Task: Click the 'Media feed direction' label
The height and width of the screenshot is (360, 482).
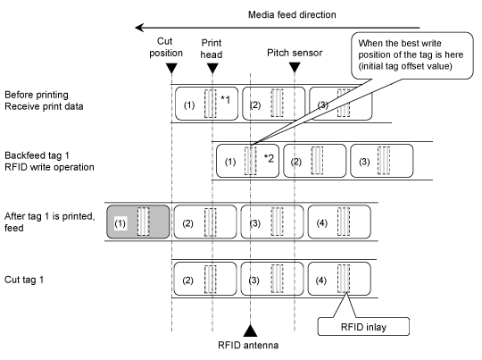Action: point(292,14)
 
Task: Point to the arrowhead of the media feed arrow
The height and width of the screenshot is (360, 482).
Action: point(139,28)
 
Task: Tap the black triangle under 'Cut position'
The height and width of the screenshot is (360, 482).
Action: point(171,68)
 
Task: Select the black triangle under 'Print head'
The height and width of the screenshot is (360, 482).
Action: point(212,68)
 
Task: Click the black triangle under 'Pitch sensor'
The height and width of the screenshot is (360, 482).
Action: point(295,67)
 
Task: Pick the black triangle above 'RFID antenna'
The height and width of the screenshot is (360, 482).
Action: point(250,331)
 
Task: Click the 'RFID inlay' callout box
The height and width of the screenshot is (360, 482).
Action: point(363,326)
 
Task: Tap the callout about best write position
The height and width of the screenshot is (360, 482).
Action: point(411,55)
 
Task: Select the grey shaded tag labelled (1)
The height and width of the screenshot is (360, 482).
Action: point(138,222)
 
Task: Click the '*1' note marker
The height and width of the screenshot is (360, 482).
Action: point(225,100)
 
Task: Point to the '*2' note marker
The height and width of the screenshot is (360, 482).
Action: point(269,158)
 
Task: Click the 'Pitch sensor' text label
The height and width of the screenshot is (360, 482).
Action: point(295,53)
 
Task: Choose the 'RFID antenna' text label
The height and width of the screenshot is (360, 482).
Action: point(248,345)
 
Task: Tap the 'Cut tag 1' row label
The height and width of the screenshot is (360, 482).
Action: point(24,280)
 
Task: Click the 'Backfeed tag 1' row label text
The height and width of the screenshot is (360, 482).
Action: point(37,155)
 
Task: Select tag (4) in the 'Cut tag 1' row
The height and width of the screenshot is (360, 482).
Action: point(339,279)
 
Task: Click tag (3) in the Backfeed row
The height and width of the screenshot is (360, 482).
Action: point(381,161)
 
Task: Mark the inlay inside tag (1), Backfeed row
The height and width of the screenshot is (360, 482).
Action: point(251,161)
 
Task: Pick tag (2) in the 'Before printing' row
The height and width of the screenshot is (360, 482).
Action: point(274,104)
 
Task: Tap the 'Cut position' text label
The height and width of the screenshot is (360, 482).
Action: point(166,47)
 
